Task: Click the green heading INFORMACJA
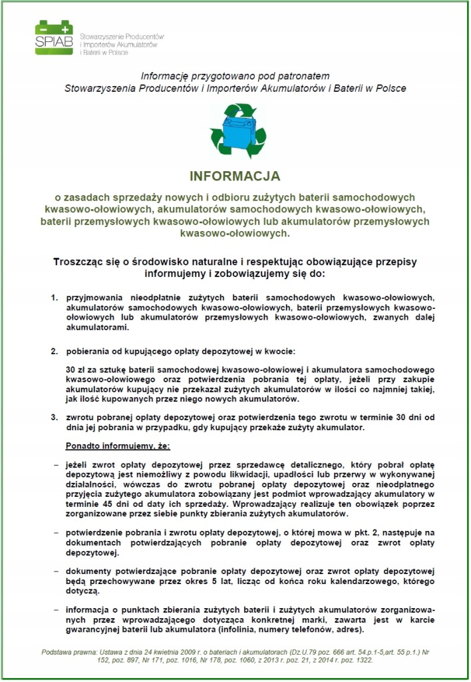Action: click(235, 176)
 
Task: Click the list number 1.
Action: click(55, 294)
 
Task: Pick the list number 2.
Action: click(55, 350)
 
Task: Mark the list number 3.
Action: click(55, 417)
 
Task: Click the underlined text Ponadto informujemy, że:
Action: click(116, 444)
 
